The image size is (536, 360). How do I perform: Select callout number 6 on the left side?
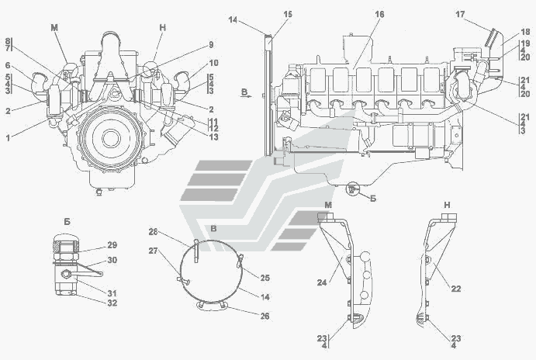click(x=9, y=66)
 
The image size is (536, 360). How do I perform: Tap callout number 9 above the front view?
click(x=210, y=44)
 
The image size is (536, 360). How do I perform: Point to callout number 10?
click(x=213, y=63)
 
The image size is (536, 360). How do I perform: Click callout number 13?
click(x=214, y=137)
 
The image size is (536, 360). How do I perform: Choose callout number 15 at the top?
click(x=288, y=15)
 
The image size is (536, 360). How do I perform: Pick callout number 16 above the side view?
click(x=379, y=15)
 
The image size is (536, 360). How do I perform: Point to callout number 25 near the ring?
click(x=265, y=278)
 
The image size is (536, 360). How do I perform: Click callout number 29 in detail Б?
click(x=112, y=244)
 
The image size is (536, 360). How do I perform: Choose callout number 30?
click(x=112, y=261)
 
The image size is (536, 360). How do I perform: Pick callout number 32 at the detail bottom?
click(x=112, y=304)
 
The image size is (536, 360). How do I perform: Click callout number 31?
click(x=112, y=292)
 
